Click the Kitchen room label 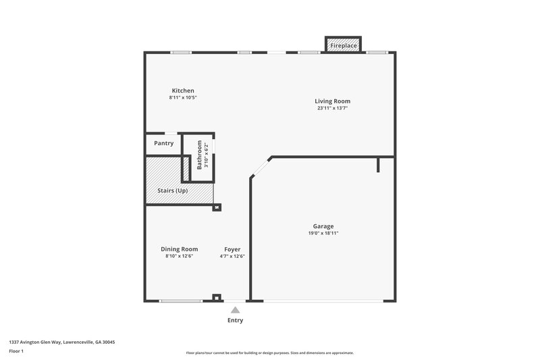[182, 91]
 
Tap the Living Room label [333, 101]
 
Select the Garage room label [323, 226]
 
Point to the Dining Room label [179, 249]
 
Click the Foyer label [232, 249]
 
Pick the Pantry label [163, 143]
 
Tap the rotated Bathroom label [199, 155]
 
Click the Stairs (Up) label [172, 190]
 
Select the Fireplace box [343, 45]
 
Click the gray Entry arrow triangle [235, 310]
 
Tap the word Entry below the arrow [235, 320]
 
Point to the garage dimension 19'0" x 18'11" [323, 233]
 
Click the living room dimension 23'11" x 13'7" [333, 108]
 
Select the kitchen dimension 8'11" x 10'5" [182, 97]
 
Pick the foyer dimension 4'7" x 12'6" [232, 256]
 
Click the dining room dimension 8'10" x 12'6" [179, 256]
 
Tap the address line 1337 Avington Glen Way [61, 342]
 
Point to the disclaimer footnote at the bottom [269, 353]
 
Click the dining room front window [180, 301]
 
